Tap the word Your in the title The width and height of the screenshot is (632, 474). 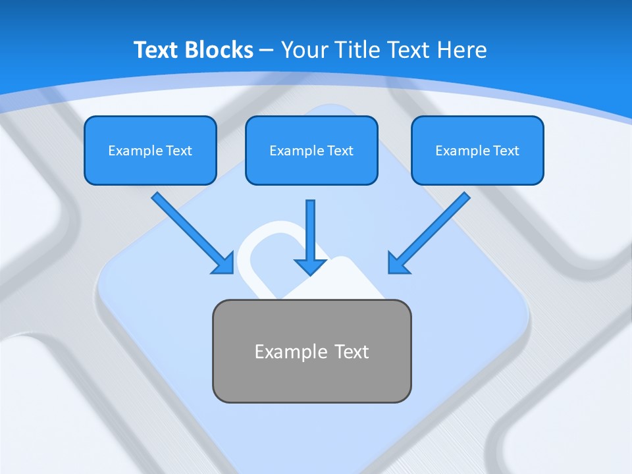click(305, 50)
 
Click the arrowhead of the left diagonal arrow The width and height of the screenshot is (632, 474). click(224, 263)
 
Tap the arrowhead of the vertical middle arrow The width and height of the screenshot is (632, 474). click(310, 266)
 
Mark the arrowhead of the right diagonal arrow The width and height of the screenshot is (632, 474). click(398, 263)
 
